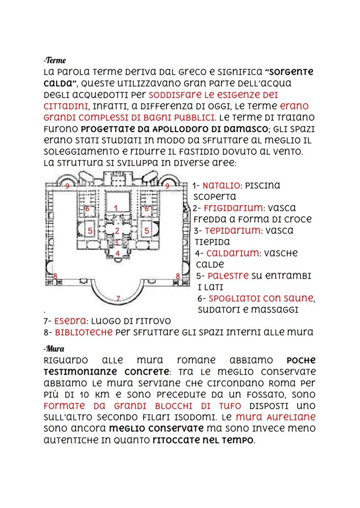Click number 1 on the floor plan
coord(116,208)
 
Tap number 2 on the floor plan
coord(117,231)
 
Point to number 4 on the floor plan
coord(117,253)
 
